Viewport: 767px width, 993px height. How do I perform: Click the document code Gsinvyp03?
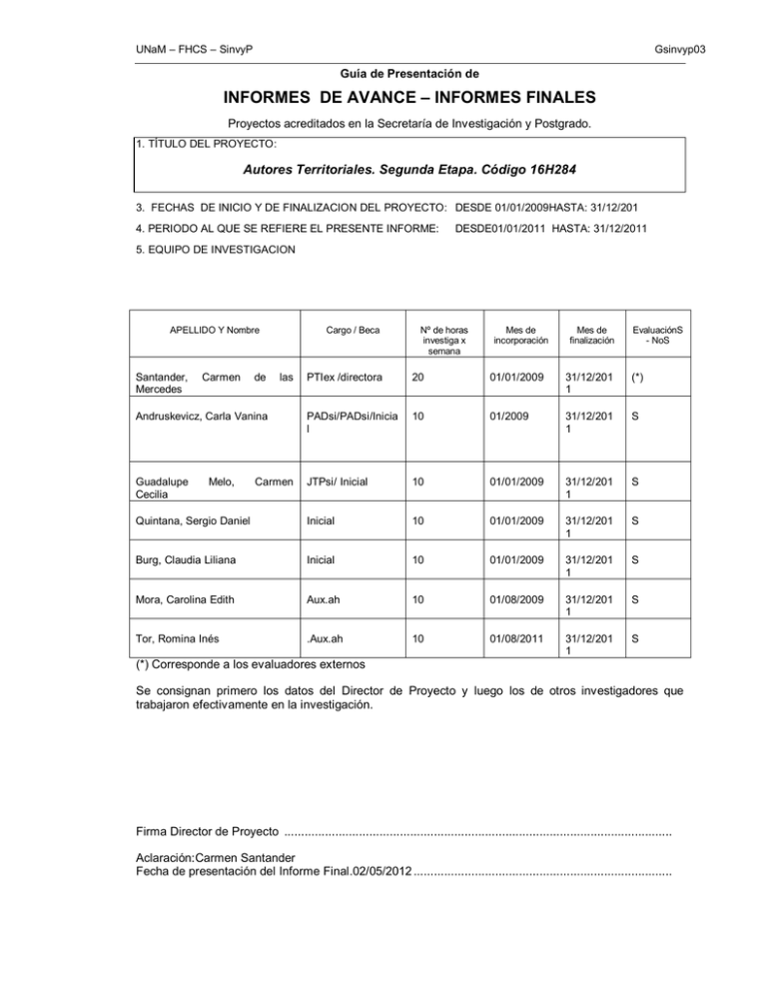tap(687, 49)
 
